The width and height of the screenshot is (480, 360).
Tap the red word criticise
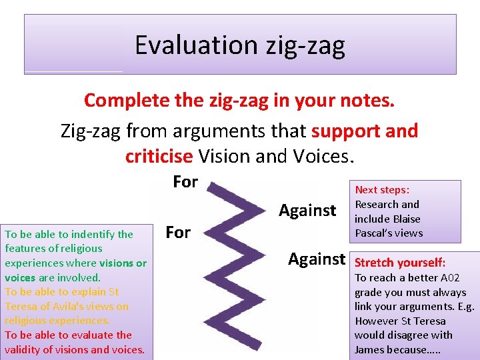[159, 155]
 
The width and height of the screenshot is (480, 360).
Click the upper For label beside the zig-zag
[185, 181]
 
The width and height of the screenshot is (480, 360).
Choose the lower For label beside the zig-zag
[178, 232]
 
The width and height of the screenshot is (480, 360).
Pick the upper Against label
[307, 211]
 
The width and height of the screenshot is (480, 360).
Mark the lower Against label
[317, 259]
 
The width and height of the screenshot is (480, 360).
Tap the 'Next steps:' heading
[382, 190]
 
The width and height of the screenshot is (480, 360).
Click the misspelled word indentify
[97, 234]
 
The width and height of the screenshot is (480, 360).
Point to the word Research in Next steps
[377, 205]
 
